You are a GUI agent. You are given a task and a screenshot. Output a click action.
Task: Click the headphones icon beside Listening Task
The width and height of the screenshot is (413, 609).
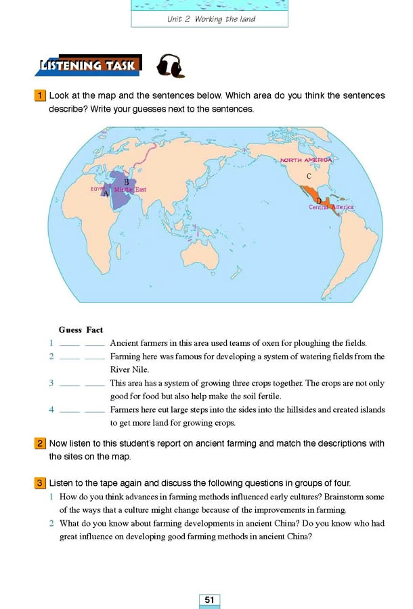pyautogui.click(x=170, y=66)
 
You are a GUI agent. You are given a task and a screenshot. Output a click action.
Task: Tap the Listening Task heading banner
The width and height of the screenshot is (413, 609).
pyautogui.click(x=89, y=66)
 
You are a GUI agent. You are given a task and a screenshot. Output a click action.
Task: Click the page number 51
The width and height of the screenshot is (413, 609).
pyautogui.click(x=210, y=600)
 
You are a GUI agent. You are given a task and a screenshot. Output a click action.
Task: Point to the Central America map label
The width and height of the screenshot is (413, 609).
pyautogui.click(x=331, y=207)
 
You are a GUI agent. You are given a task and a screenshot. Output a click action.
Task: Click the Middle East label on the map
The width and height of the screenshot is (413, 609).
pyautogui.click(x=130, y=190)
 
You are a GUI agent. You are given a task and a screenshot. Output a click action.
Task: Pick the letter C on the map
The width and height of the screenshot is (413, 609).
pyautogui.click(x=309, y=176)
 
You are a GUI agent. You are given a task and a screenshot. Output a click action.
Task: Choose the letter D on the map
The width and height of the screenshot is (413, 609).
pyautogui.click(x=318, y=201)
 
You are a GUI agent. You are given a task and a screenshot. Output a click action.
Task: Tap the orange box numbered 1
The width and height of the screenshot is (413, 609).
pyautogui.click(x=41, y=95)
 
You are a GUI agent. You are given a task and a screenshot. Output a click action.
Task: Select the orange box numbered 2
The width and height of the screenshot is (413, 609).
pyautogui.click(x=41, y=444)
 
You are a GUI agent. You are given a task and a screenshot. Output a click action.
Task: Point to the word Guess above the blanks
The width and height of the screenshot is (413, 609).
pyautogui.click(x=70, y=330)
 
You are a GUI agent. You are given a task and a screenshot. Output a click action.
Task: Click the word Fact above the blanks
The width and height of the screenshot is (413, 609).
pyautogui.click(x=95, y=330)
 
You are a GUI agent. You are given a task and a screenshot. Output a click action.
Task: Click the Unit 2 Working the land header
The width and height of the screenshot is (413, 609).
pyautogui.click(x=211, y=19)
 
